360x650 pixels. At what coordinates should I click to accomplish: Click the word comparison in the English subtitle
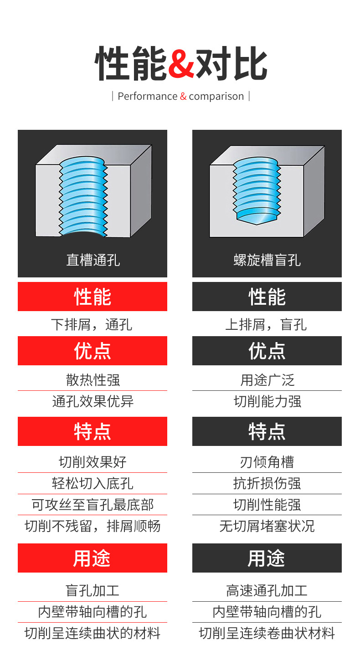(216, 96)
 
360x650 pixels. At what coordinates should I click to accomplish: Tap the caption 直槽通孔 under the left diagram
(93, 260)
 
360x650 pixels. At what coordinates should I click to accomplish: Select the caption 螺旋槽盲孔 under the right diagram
(267, 260)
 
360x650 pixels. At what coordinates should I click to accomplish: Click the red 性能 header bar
(93, 297)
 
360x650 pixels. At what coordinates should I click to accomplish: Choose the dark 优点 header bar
(267, 351)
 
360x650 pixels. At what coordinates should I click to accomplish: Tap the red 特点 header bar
(93, 431)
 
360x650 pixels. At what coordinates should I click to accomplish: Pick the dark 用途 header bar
(267, 558)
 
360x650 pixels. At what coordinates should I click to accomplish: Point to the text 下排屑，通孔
(93, 324)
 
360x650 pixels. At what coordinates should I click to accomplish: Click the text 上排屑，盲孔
(267, 324)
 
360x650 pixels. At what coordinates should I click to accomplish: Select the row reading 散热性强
(93, 380)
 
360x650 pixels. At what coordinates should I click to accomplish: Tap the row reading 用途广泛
(267, 380)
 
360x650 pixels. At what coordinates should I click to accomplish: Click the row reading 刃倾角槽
(267, 462)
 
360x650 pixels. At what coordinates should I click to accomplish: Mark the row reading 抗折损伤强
(267, 483)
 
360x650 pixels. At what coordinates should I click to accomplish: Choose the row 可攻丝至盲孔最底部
(93, 505)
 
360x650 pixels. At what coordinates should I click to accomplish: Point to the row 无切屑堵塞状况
(267, 526)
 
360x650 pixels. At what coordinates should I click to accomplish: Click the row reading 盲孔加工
(93, 591)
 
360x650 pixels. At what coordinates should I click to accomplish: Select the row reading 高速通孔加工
(267, 591)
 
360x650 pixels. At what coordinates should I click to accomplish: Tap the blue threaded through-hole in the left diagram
(83, 196)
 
